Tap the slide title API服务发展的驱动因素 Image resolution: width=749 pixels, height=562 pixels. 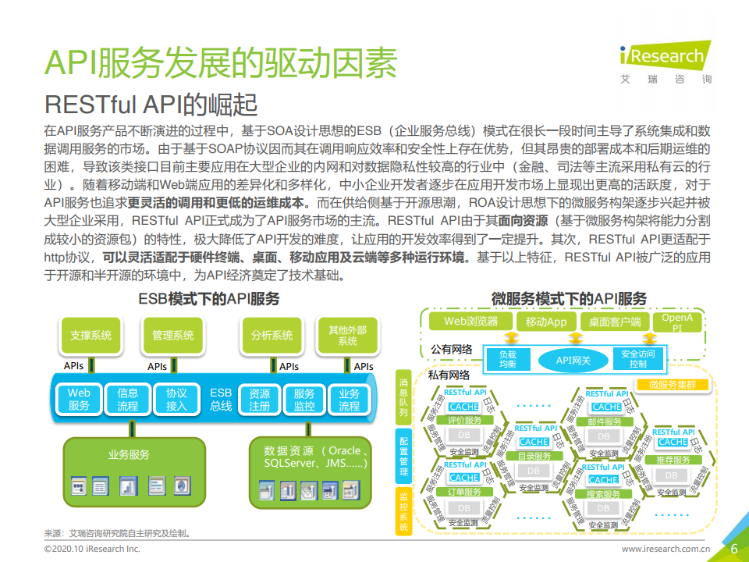pos(220,62)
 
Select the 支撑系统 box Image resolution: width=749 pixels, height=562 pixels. pos(91,336)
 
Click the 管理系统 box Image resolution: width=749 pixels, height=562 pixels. pos(172,336)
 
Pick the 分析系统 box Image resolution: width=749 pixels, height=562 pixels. pos(272,336)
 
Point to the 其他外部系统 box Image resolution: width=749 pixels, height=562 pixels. pos(347,336)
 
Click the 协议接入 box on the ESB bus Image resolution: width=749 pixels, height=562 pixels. pos(176,400)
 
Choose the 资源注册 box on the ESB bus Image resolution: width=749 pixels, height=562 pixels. pos(259,400)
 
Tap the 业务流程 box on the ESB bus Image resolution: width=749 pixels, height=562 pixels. pos(349,400)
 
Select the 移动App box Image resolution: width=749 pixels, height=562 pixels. pos(546,321)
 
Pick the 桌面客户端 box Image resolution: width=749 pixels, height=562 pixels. pos(614,321)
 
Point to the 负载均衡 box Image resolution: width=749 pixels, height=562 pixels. pos(508,360)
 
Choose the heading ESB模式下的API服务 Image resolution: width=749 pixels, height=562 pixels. pos(208,298)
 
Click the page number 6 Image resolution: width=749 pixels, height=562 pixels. pos(733,548)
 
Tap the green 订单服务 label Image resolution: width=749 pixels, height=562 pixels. pos(463,492)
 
